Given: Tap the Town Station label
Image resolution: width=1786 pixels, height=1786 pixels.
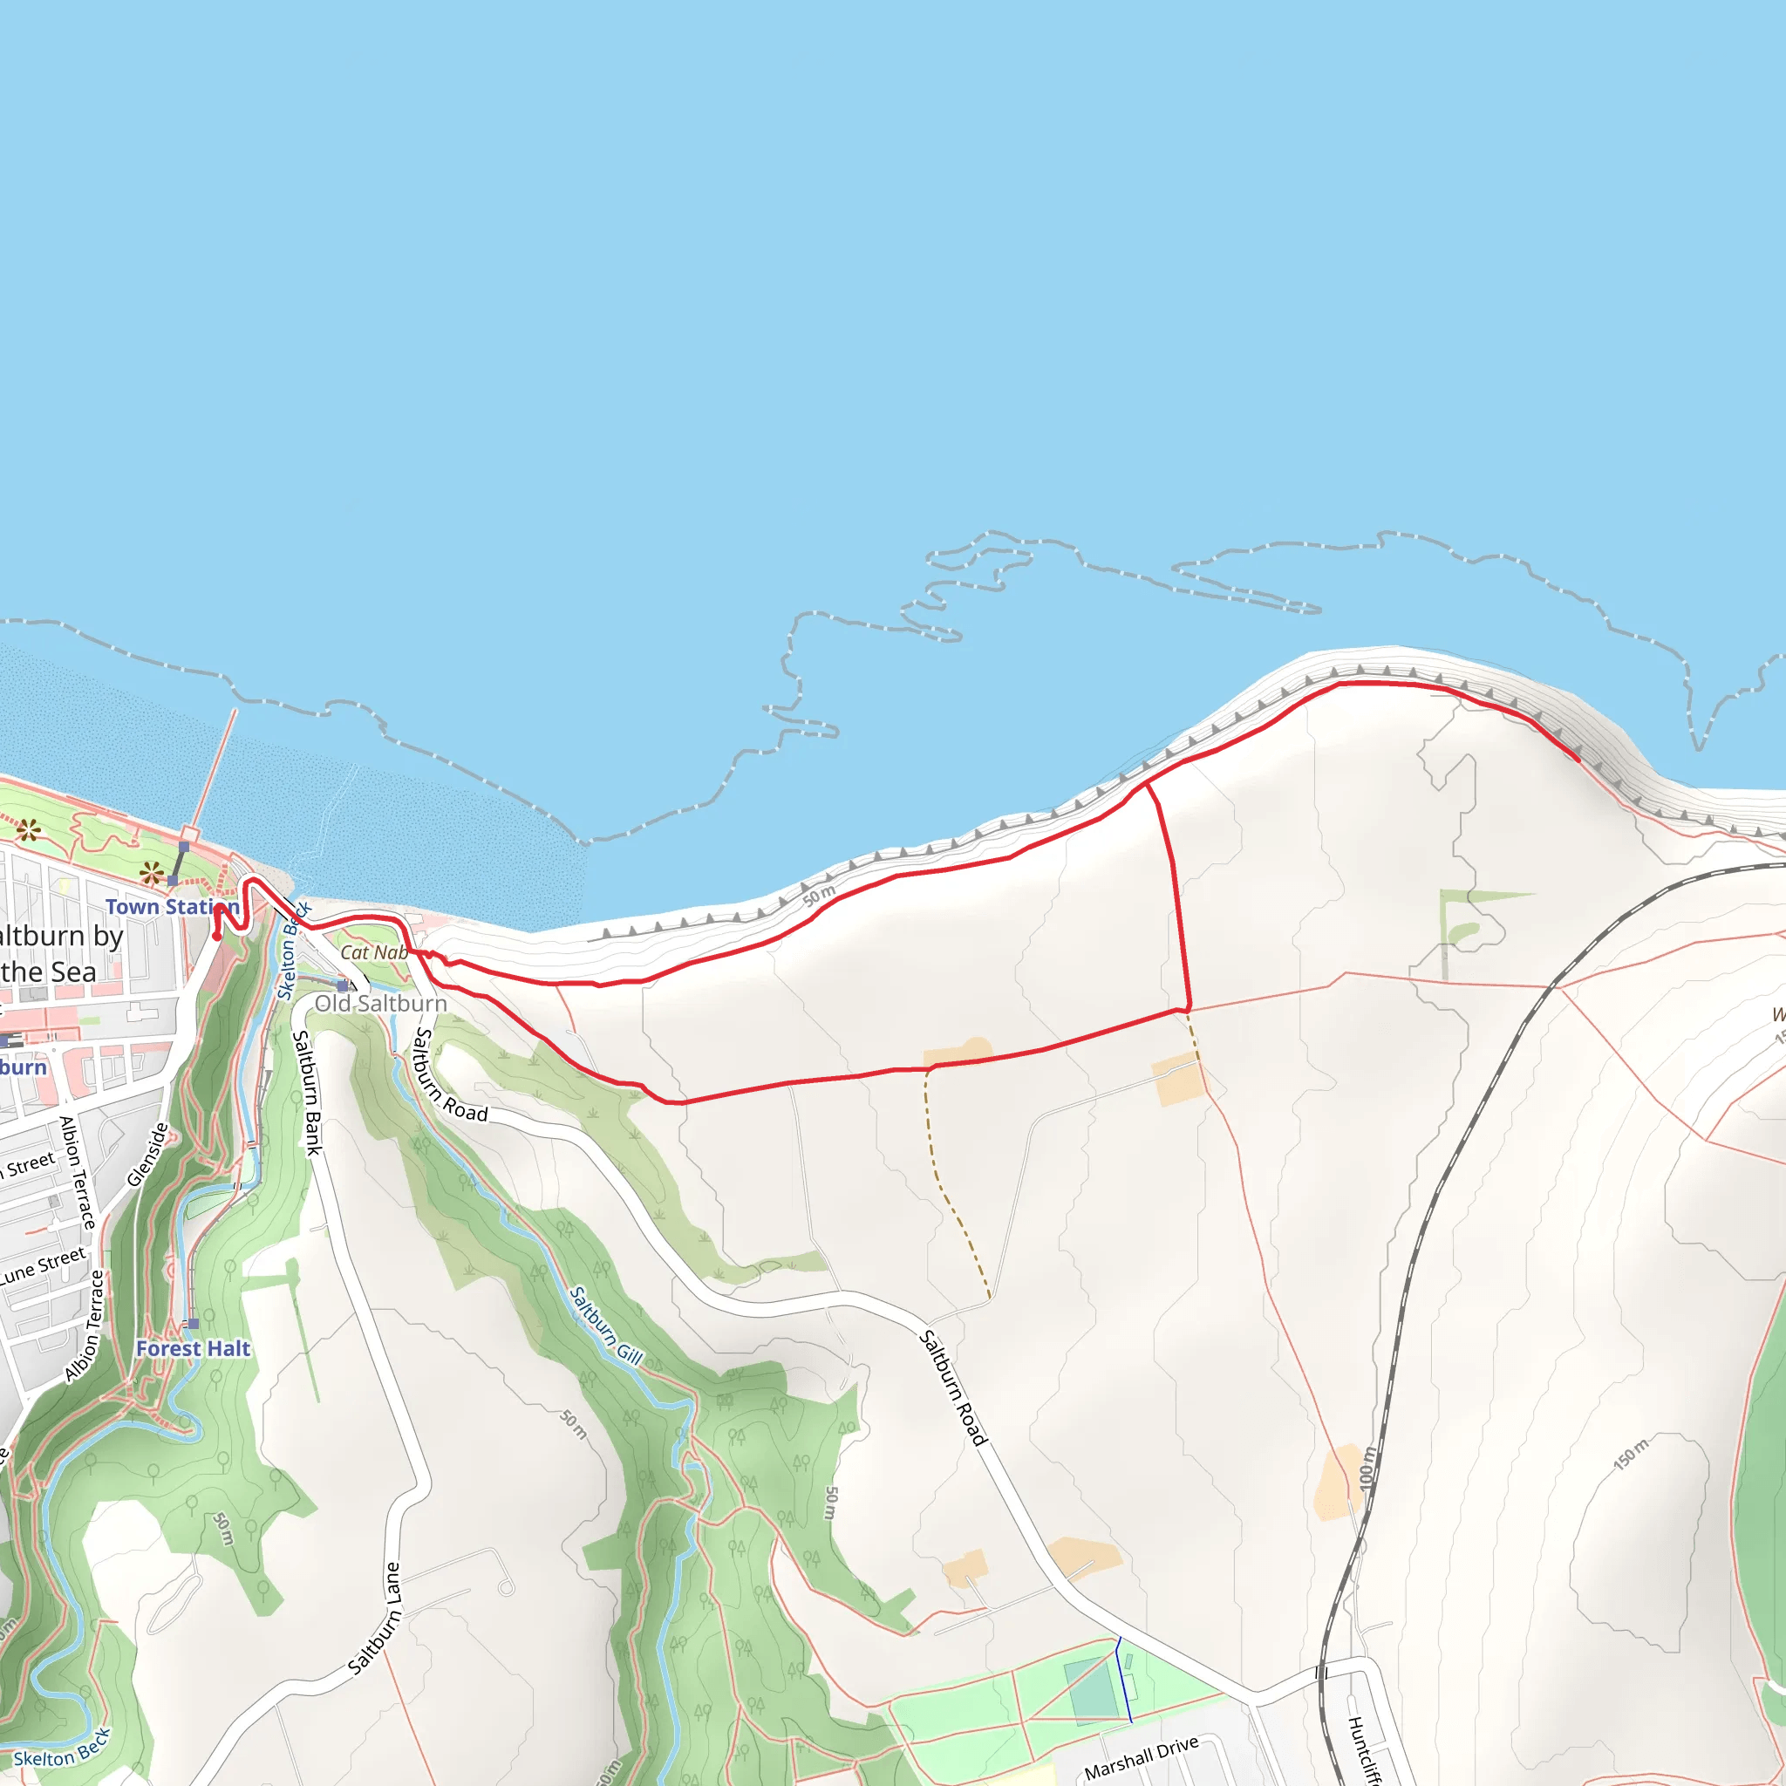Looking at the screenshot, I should pyautogui.click(x=172, y=907).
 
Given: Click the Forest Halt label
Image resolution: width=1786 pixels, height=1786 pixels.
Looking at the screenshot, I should pyautogui.click(x=194, y=1349).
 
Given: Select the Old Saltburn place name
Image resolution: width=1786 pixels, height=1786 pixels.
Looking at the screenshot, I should pyautogui.click(x=381, y=1004).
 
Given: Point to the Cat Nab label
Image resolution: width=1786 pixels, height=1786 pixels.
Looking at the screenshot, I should pyautogui.click(x=373, y=953).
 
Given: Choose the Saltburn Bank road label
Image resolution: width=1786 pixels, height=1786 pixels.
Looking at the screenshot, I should pyautogui.click(x=307, y=1094).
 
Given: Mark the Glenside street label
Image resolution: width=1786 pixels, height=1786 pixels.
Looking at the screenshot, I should pyautogui.click(x=148, y=1155).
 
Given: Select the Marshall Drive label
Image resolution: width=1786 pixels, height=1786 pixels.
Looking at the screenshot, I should pyautogui.click(x=1141, y=1757).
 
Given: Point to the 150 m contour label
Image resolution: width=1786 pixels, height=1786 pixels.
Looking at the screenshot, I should pyautogui.click(x=1631, y=1453).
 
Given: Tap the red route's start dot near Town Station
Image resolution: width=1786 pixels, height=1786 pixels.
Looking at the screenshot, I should pyautogui.click(x=216, y=937).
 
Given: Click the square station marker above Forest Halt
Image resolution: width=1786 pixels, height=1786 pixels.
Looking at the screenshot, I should pyautogui.click(x=194, y=1324).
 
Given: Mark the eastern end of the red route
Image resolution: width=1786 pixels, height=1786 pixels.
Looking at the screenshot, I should pyautogui.click(x=1577, y=759).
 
